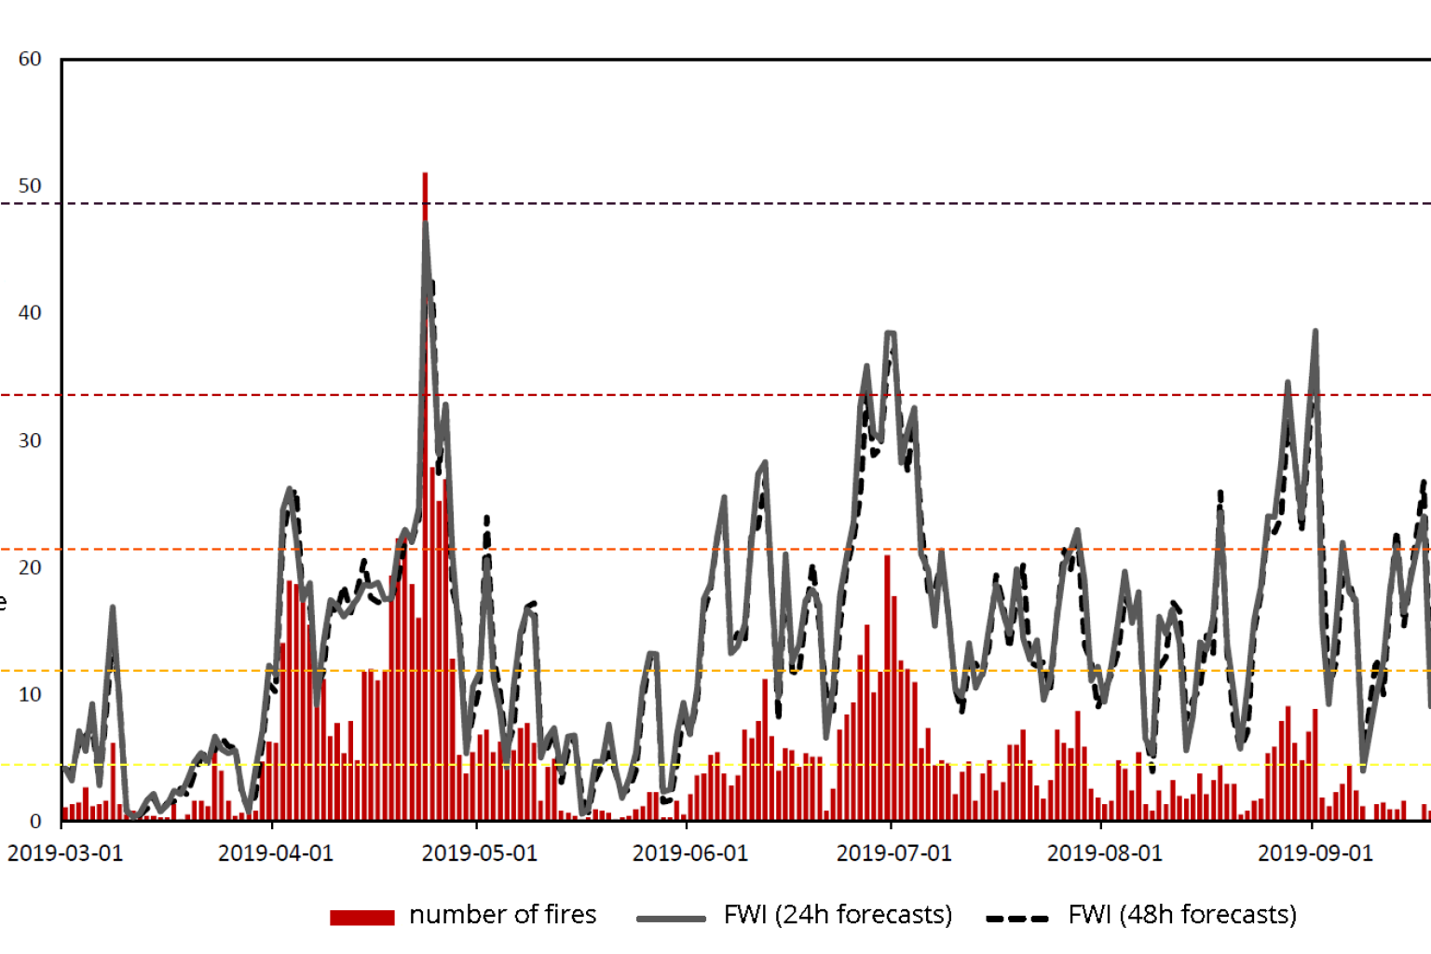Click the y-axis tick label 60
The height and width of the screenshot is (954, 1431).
click(30, 60)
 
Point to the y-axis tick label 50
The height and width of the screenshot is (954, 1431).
click(30, 186)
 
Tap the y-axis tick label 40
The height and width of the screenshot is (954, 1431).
click(30, 313)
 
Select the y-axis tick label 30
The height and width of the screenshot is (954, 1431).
click(30, 441)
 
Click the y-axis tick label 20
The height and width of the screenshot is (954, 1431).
click(30, 567)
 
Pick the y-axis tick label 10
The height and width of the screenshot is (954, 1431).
click(30, 694)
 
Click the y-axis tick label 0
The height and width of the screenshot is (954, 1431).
click(35, 822)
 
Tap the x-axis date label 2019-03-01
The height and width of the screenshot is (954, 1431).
click(65, 853)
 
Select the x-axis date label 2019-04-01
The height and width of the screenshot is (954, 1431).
click(276, 853)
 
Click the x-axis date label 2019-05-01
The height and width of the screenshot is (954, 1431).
click(480, 853)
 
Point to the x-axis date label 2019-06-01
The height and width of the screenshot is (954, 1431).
click(690, 853)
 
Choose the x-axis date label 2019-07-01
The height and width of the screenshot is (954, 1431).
click(894, 853)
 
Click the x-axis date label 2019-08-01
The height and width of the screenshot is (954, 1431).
click(1105, 853)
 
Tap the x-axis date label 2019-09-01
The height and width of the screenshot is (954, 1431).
click(1315, 853)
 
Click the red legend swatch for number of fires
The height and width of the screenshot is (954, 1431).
click(361, 918)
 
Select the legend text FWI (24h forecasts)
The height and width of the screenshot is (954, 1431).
click(838, 915)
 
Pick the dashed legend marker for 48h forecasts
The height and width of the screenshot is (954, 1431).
click(1017, 919)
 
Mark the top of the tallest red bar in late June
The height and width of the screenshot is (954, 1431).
click(888, 557)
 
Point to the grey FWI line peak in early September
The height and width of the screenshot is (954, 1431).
click(1315, 332)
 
